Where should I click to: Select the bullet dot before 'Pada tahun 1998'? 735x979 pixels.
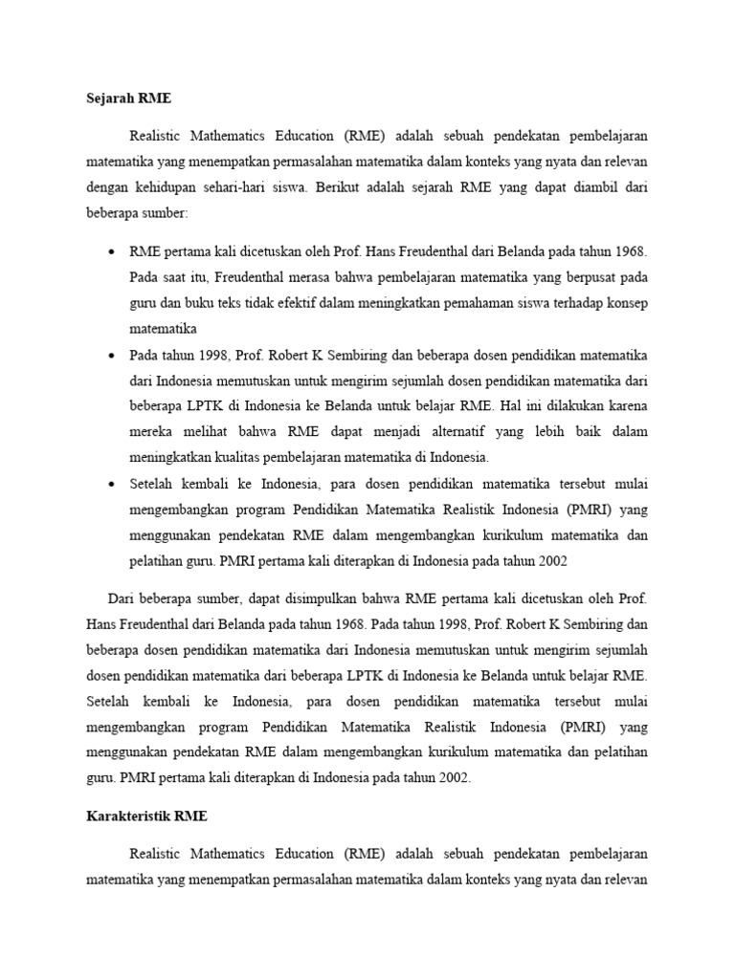[x=112, y=355]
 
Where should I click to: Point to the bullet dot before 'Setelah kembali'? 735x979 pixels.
[x=112, y=484]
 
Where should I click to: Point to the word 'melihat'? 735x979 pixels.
[x=197, y=431]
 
